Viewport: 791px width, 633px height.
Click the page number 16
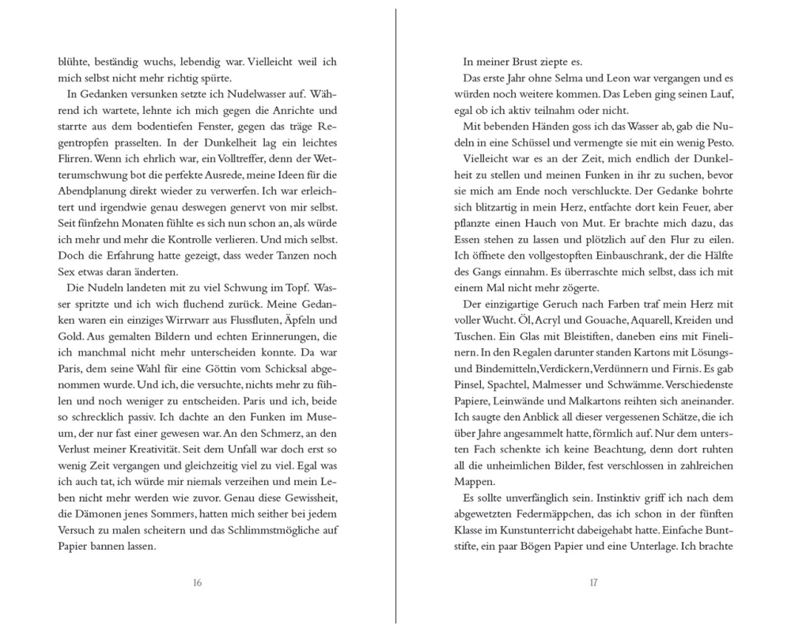pos(197,583)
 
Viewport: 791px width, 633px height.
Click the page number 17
pos(593,583)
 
